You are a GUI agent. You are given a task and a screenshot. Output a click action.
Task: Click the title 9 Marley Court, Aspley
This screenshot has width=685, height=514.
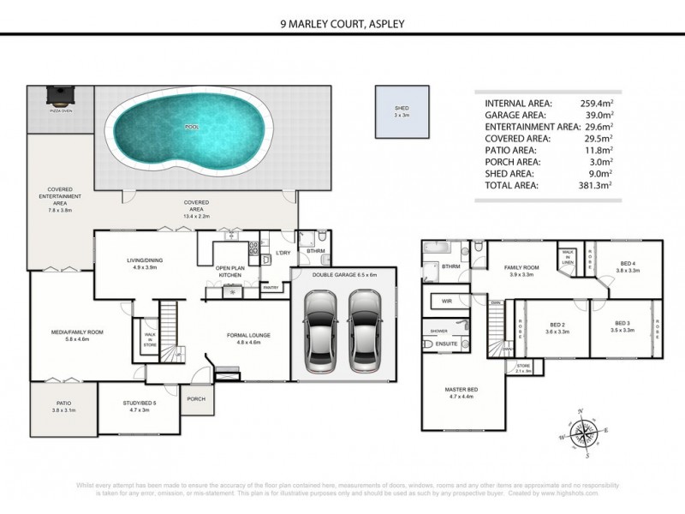click(x=342, y=26)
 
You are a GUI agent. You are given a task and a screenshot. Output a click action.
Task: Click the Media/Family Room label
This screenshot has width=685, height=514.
click(x=78, y=334)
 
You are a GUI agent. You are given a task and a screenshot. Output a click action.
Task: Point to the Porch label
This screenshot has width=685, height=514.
click(x=197, y=398)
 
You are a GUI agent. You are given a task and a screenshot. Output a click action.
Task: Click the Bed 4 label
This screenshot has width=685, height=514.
click(x=628, y=264)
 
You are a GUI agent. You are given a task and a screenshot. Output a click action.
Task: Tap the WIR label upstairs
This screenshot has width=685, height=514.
click(x=446, y=302)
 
